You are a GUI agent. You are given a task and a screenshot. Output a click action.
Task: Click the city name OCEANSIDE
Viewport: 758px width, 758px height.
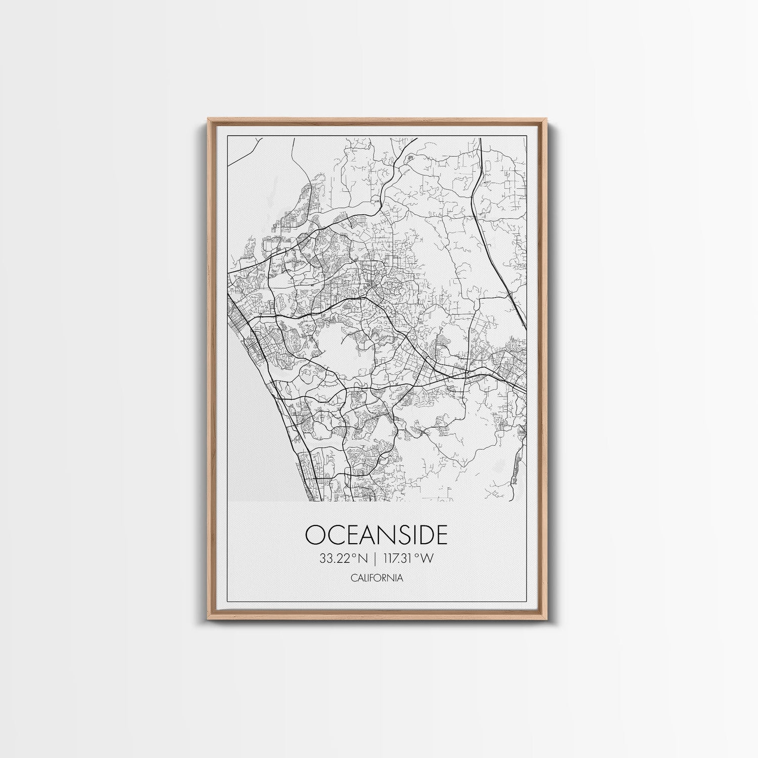376,535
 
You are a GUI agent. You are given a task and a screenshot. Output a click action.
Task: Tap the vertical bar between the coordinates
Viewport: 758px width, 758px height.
374,558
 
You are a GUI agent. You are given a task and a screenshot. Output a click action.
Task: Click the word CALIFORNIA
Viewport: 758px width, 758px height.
376,578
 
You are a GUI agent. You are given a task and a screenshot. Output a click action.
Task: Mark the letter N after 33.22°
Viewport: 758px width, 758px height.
362,558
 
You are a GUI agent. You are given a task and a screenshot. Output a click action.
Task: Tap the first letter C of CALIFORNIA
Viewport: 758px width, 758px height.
352,578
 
